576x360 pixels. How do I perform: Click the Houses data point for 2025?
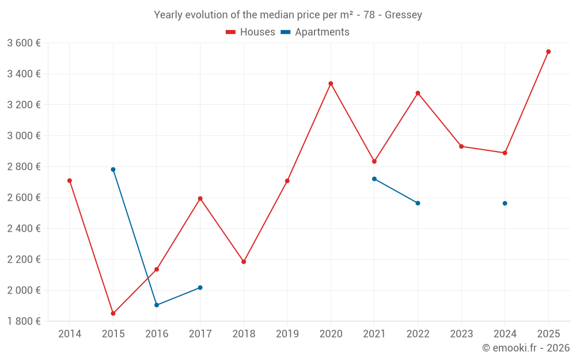(548, 52)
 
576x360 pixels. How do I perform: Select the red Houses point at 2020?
(331, 84)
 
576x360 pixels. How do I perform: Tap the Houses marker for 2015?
(113, 313)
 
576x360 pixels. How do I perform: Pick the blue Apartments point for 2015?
(113, 170)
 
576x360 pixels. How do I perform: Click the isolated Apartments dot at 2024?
(505, 203)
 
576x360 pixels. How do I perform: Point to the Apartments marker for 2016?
(157, 305)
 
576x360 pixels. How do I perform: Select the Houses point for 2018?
(244, 262)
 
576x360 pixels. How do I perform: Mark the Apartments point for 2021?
(374, 179)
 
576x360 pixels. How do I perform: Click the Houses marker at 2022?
(418, 93)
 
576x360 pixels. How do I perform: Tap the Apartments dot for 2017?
(200, 287)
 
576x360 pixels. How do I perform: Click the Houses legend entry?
(251, 32)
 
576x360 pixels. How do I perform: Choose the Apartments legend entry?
(315, 32)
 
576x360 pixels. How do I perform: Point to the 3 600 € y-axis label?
(24, 43)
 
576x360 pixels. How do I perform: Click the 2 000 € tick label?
(24, 290)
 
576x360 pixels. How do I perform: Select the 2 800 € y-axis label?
(24, 167)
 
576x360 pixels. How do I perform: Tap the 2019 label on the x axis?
(287, 334)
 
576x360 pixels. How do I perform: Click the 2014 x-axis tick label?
(70, 334)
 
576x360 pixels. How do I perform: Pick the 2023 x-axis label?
(461, 334)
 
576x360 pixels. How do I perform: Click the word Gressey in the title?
(403, 15)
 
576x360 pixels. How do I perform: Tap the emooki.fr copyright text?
(526, 348)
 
